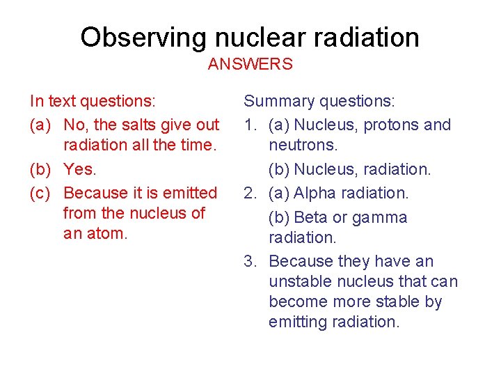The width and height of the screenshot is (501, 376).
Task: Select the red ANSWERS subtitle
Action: pos(250,65)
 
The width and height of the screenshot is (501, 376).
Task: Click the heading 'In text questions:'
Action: pos(93,102)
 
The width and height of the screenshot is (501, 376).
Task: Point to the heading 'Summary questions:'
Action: pos(319,102)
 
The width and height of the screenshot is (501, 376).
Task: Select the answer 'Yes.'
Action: pos(80,169)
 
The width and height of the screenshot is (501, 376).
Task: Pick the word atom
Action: pos(110,233)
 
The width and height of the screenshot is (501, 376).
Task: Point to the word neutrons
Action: pos(303,146)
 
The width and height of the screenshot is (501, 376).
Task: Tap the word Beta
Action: pos(311,217)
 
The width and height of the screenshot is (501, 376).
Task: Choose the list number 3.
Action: pos(248,262)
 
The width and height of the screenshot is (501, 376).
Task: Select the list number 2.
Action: pos(248,193)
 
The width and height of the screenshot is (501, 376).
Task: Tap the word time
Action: pos(199,146)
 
